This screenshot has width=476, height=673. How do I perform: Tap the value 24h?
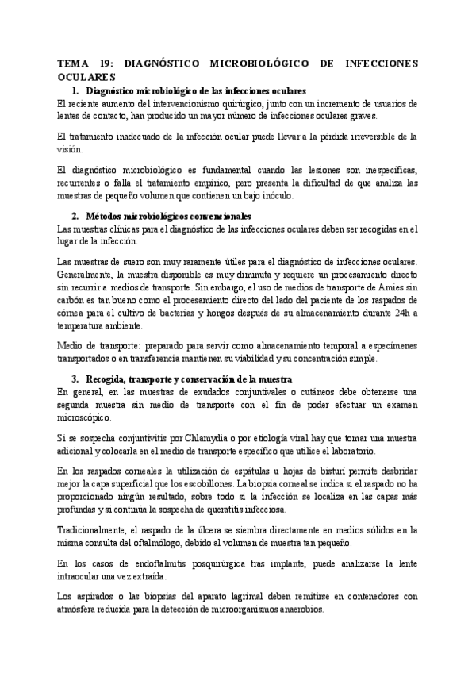pyautogui.click(x=395, y=313)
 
